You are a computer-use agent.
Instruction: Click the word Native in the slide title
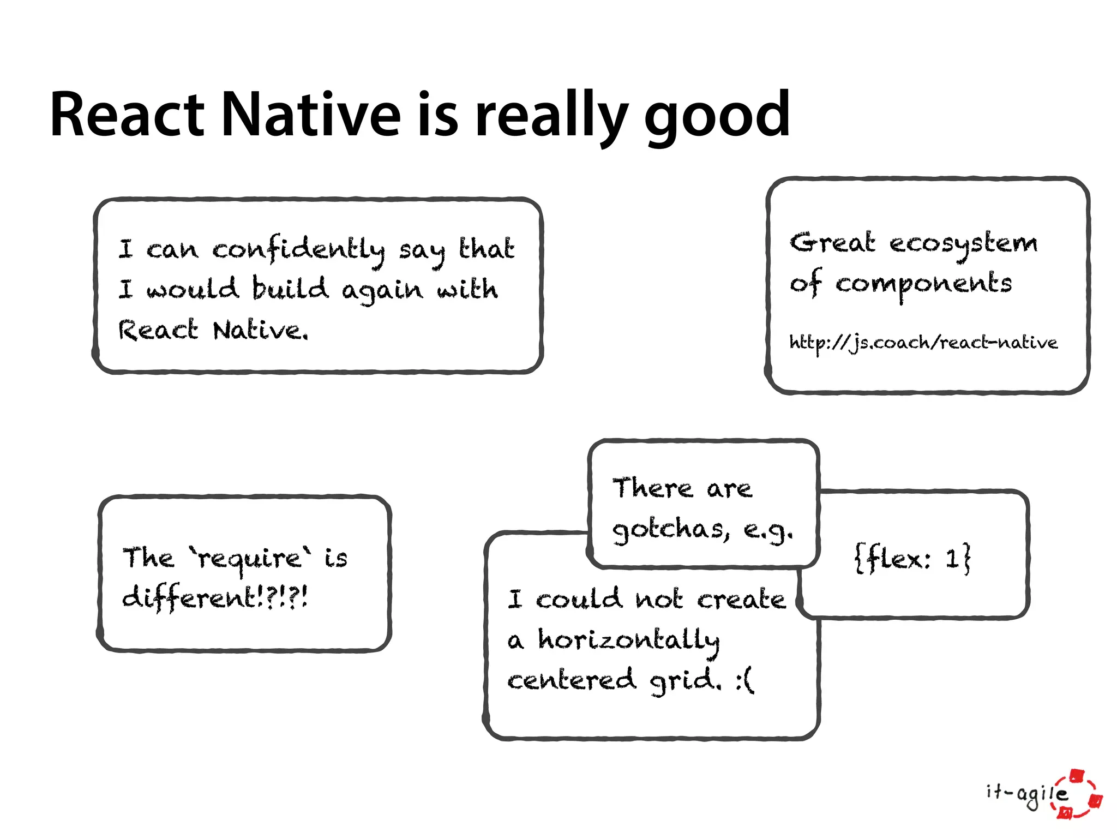pyautogui.click(x=311, y=115)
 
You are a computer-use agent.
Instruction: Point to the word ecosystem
pyautogui.click(x=963, y=243)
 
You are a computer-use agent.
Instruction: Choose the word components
pyautogui.click(x=923, y=284)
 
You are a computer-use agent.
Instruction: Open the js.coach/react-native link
pyautogui.click(x=923, y=343)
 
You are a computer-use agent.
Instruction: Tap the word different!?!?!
pyautogui.click(x=215, y=598)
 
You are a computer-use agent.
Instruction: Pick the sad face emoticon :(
pyautogui.click(x=745, y=681)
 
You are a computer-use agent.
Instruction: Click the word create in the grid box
pyautogui.click(x=741, y=600)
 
